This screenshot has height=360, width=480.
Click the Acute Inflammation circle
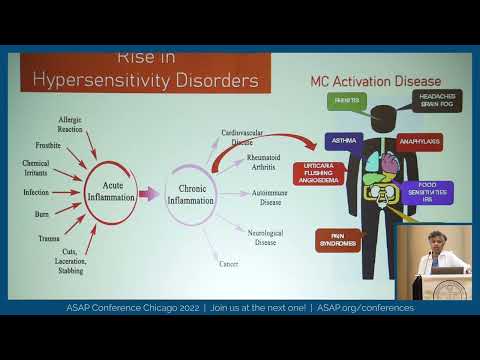point(111,185)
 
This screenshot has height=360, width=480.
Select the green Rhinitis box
point(346,101)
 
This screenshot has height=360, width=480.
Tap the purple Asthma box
point(344,142)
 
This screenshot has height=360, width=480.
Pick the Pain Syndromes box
point(338,240)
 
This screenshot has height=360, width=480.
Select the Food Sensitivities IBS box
point(427,191)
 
